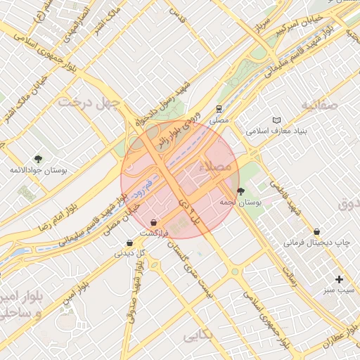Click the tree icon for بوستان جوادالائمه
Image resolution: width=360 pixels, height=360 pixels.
pos(38,159)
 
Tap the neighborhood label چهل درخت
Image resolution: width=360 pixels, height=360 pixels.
pos(90,103)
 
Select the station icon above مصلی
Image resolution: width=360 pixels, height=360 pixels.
pos(220,109)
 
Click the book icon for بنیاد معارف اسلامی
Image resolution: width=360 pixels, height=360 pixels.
pos(276,120)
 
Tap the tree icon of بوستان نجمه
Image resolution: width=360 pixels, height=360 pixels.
pos(241,191)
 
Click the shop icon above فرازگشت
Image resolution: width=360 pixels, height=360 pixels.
pos(154,223)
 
